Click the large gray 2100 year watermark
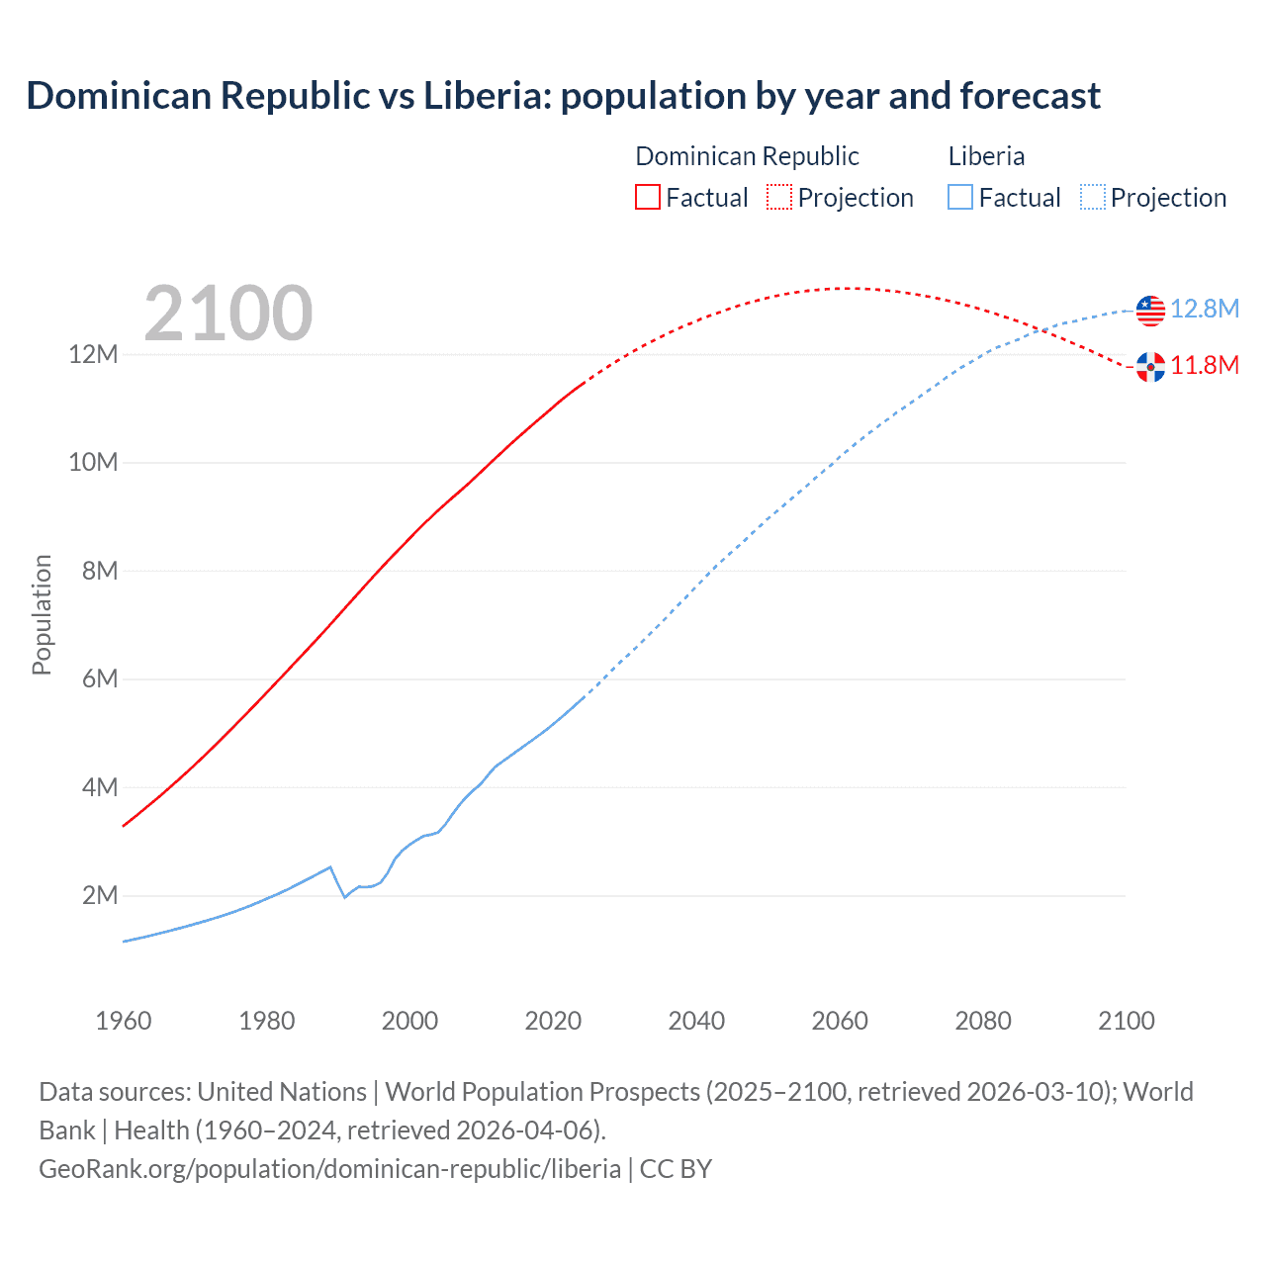(228, 314)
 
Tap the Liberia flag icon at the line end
(1150, 310)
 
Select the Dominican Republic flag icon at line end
(1150, 367)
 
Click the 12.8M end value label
(1205, 310)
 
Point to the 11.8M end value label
(1205, 366)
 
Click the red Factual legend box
(648, 198)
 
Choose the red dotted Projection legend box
(779, 198)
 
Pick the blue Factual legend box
(960, 198)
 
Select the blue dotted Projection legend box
(1092, 198)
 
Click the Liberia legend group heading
(986, 156)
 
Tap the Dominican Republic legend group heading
(747, 156)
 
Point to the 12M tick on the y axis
(93, 354)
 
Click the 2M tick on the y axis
(99, 896)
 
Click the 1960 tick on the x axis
(124, 1021)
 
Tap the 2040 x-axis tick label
(696, 1021)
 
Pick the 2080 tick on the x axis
(983, 1021)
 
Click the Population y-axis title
(42, 615)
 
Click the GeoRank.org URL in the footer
(329, 1169)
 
